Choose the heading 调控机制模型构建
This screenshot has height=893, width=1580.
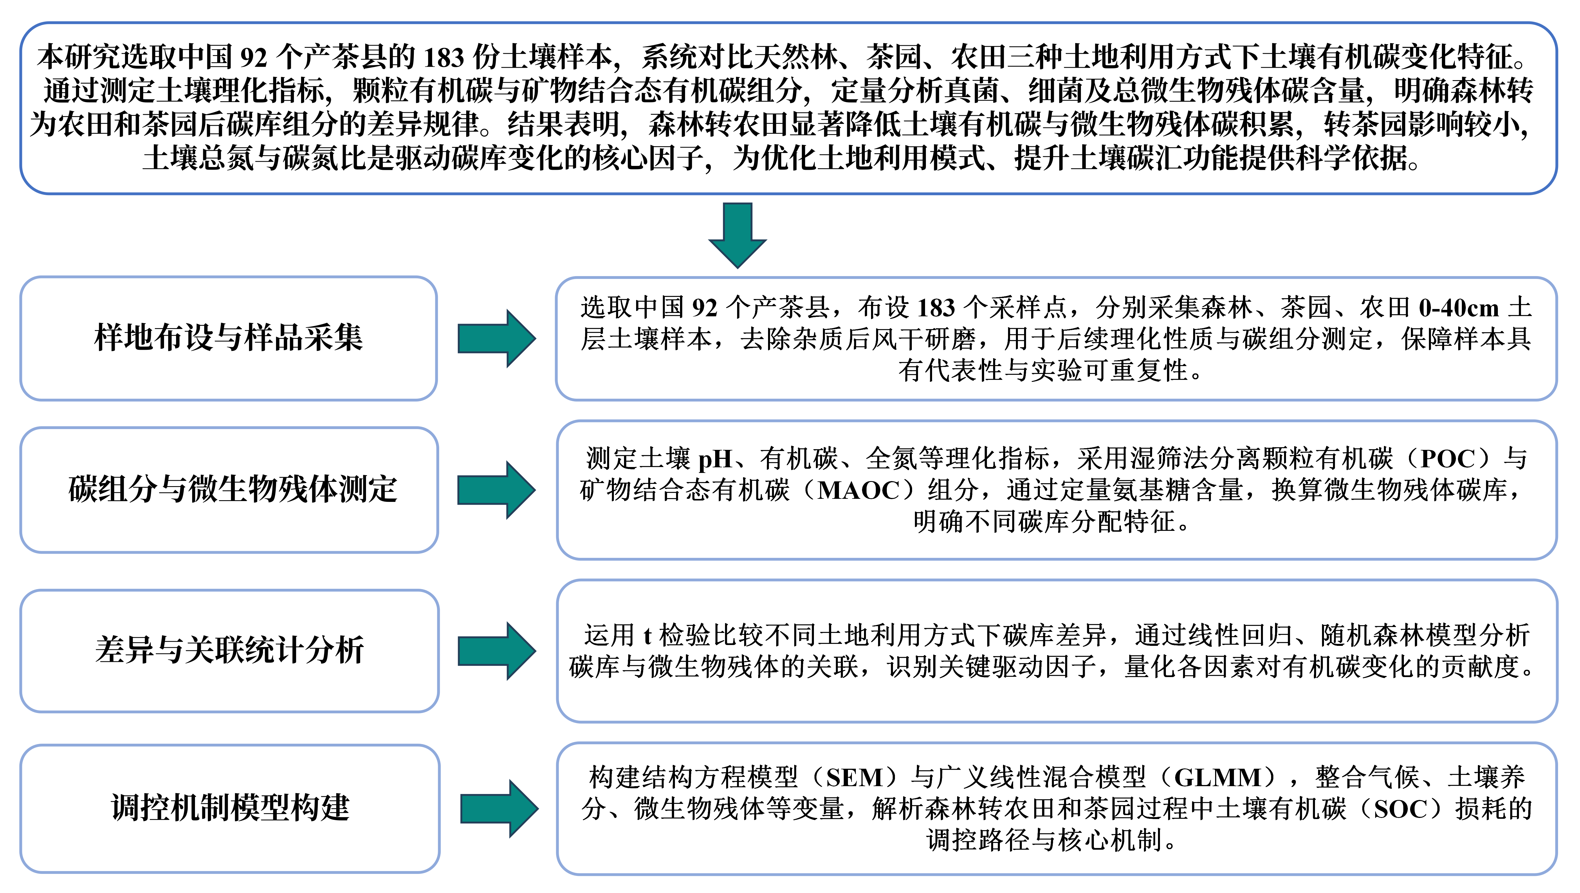coord(230,808)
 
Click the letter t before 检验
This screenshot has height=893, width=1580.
coord(647,635)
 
